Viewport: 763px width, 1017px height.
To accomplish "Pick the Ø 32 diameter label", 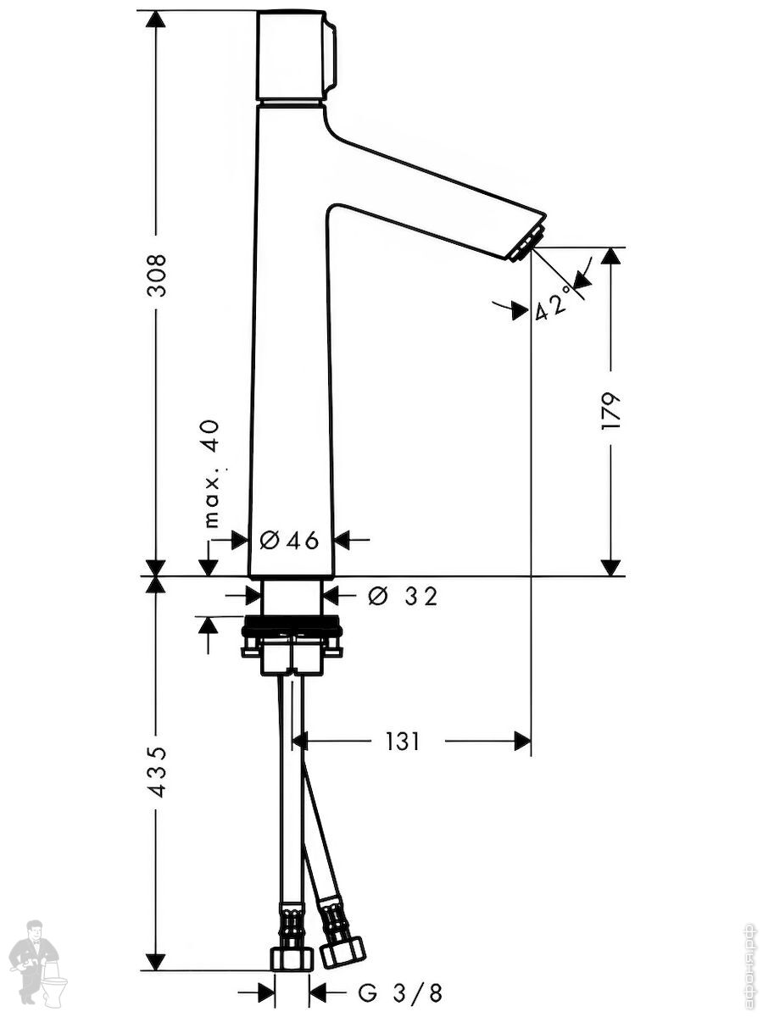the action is (x=403, y=597).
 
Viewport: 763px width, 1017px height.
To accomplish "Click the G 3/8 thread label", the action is (x=400, y=992).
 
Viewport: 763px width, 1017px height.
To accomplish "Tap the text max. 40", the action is (x=211, y=473).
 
